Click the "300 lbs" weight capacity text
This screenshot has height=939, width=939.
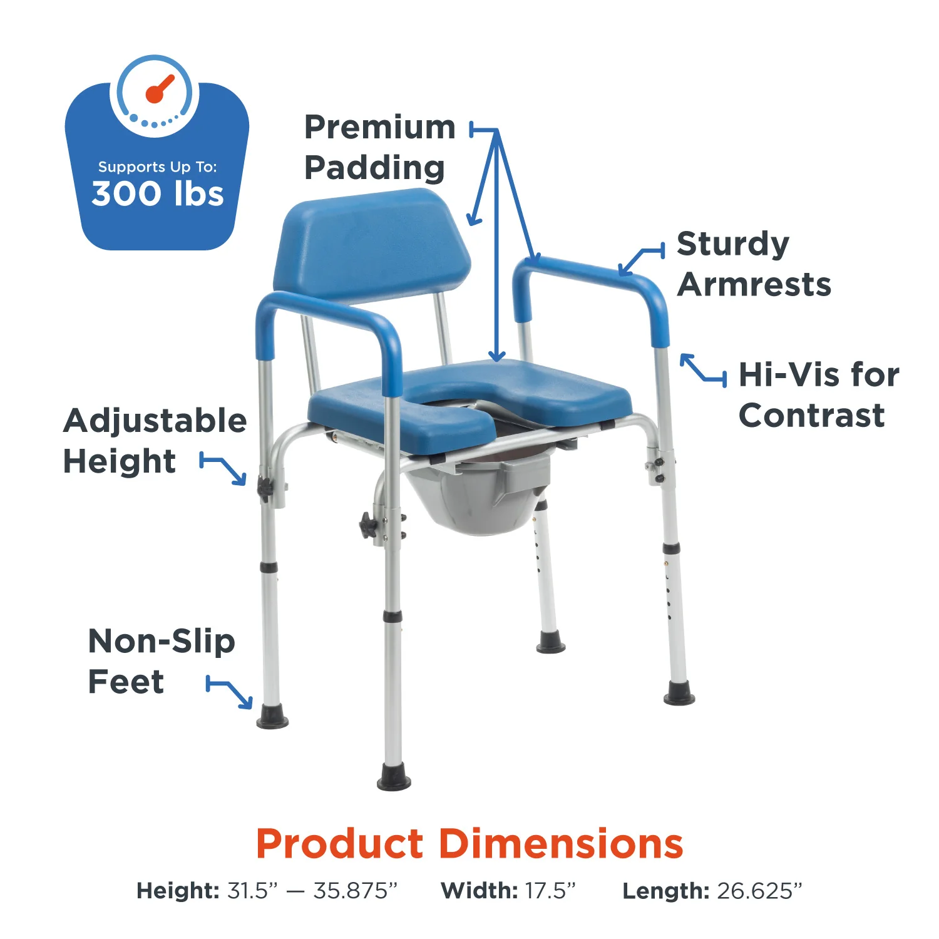pos(157,193)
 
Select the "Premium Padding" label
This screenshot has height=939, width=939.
pos(379,148)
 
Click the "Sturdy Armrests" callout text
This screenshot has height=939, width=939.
pos(753,264)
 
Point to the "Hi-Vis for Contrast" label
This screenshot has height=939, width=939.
pos(818,395)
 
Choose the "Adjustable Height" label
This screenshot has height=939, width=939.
pos(155,441)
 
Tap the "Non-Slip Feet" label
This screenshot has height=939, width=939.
pos(161,661)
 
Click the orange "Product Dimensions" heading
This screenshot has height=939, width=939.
pos(469,844)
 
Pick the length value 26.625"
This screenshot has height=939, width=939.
pos(759,890)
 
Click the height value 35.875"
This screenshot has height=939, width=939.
pos(356,890)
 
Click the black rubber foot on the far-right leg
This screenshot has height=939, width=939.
pos(679,694)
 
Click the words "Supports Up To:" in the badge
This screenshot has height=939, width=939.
pos(157,167)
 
